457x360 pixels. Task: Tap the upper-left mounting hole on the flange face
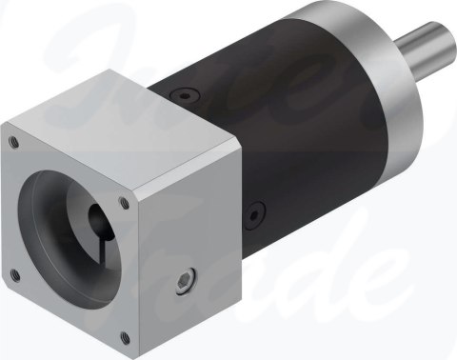[x=14, y=143]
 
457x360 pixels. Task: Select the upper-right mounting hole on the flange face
[x=126, y=202]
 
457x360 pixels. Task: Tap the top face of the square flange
[x=124, y=133]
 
